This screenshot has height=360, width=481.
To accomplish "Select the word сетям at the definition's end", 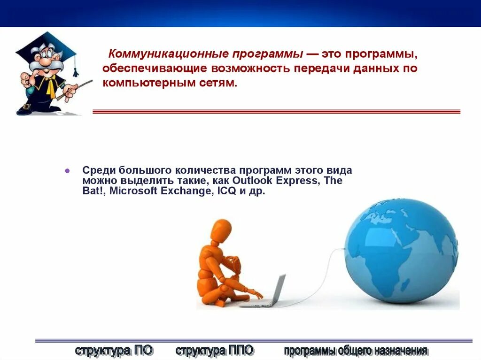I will (216, 83).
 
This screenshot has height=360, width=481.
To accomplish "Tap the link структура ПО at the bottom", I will (114, 350).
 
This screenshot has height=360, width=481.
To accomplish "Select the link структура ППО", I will (214, 350).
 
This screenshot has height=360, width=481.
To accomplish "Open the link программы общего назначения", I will (356, 350).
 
